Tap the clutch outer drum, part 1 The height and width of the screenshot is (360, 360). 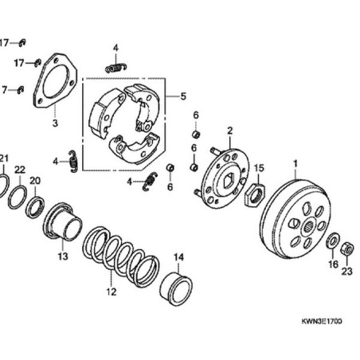[x=294, y=220]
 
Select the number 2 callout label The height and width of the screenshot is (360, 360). [x=229, y=131]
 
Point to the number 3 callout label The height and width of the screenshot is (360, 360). [x=55, y=123]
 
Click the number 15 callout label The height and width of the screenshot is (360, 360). [x=258, y=168]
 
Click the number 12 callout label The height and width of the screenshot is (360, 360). [x=111, y=292]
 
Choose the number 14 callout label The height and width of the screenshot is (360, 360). [x=178, y=256]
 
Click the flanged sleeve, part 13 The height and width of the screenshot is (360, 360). [x=63, y=225]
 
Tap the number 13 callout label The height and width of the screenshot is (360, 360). [x=63, y=256]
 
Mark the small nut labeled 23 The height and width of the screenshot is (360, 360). [x=346, y=248]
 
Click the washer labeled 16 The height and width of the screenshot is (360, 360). [x=333, y=239]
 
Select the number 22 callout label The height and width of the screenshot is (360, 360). [x=20, y=170]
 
